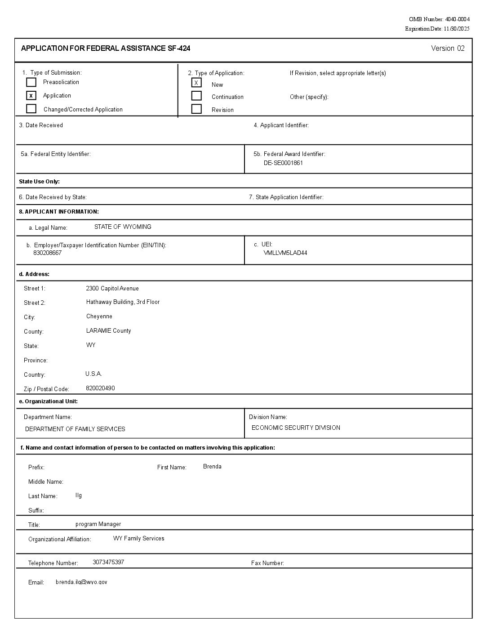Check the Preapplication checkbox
click(x=31, y=82)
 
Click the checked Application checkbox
click(x=31, y=95)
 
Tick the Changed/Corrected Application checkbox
click(x=31, y=109)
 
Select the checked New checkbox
click(x=196, y=83)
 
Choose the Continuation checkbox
click(x=196, y=96)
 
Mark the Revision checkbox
click(x=196, y=109)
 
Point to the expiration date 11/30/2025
click(x=456, y=29)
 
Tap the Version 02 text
click(x=448, y=49)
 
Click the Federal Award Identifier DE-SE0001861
click(x=283, y=163)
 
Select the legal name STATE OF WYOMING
click(x=123, y=227)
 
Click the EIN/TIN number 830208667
click(x=47, y=253)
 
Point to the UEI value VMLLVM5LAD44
click(x=285, y=253)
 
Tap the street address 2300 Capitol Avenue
click(x=112, y=289)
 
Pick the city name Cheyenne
click(x=99, y=316)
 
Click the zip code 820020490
click(x=100, y=388)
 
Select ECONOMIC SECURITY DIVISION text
click(x=296, y=428)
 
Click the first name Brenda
click(x=212, y=467)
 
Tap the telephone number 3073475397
click(x=108, y=562)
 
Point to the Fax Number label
click(x=267, y=563)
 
